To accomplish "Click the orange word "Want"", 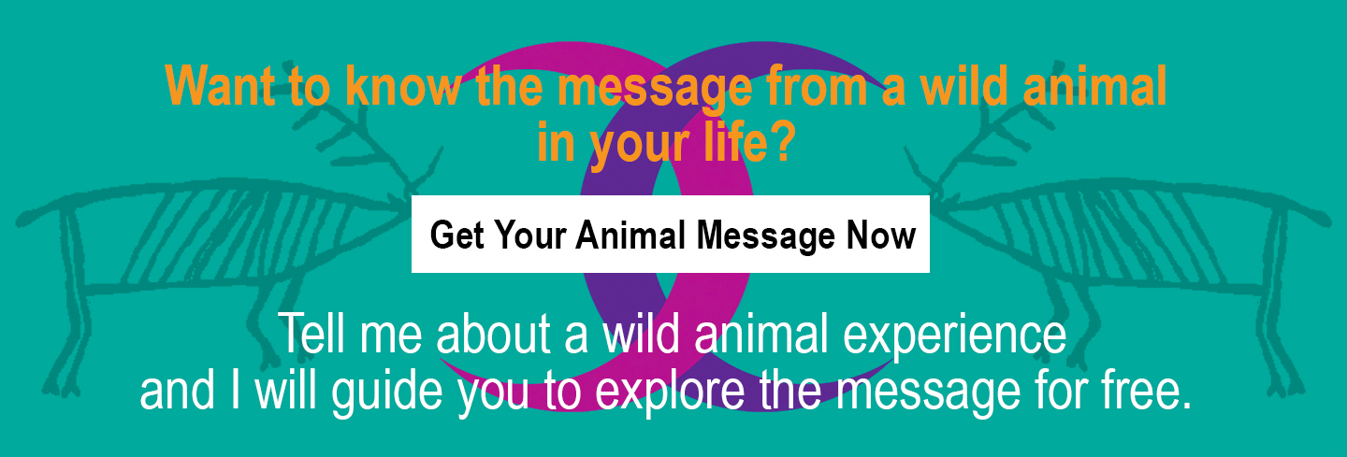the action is [x=220, y=86].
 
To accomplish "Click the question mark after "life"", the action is [x=786, y=142].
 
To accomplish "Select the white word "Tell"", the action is [x=314, y=334].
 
